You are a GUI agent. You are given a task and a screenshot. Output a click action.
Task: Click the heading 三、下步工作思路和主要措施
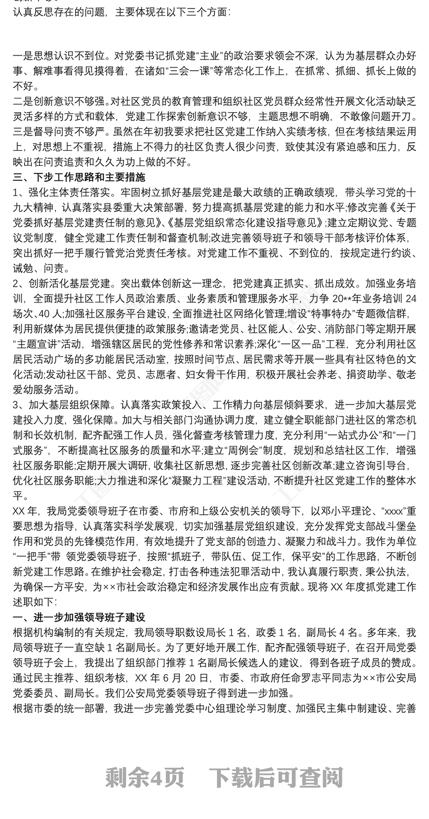coord(79,177)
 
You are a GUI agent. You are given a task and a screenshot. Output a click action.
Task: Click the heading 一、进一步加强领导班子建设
coord(79,617)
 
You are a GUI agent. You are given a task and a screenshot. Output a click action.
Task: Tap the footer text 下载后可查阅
coord(276,777)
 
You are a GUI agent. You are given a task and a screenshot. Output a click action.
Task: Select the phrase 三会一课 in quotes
coord(178,69)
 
